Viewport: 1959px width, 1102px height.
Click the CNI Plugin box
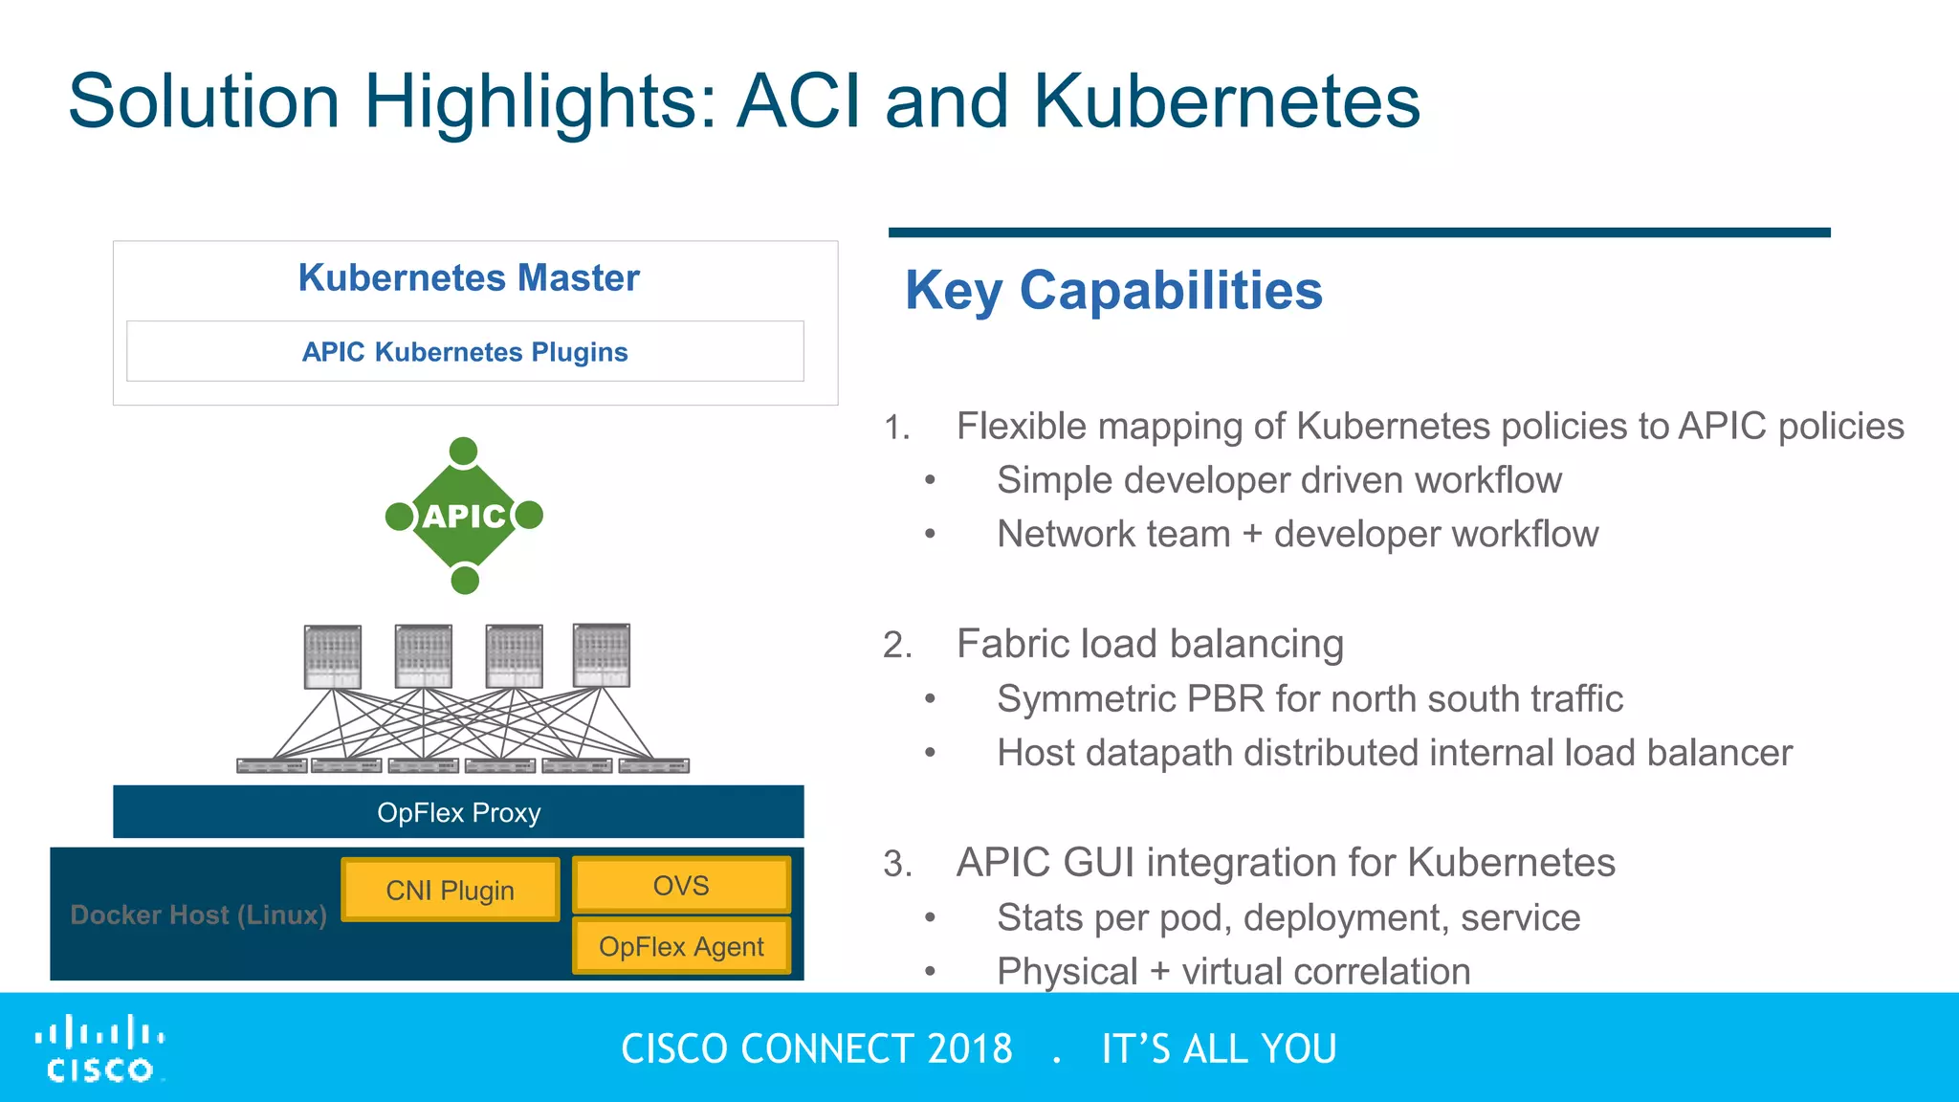pos(450,890)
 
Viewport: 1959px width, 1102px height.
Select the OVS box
pos(681,885)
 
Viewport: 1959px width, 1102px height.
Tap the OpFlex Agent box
pos(681,946)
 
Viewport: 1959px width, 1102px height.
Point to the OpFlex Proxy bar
pos(458,812)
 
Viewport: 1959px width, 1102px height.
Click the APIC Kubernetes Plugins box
pos(465,351)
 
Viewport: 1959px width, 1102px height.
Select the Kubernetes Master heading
pos(468,277)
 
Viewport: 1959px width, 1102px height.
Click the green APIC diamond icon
pos(464,516)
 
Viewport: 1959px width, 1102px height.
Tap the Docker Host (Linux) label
pos(198,915)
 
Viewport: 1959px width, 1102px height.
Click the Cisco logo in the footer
pos(99,1048)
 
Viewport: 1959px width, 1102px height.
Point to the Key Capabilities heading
pos(1113,290)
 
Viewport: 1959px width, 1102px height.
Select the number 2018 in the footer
pos(969,1048)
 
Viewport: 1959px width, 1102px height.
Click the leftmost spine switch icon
pos(332,656)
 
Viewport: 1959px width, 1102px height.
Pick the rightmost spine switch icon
pos(601,655)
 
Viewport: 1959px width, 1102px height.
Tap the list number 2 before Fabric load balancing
pos(895,646)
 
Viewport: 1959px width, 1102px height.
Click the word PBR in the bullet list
pos(1225,698)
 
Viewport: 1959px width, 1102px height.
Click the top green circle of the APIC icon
pos(463,451)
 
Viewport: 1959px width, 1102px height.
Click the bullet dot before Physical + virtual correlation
pos(930,972)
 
